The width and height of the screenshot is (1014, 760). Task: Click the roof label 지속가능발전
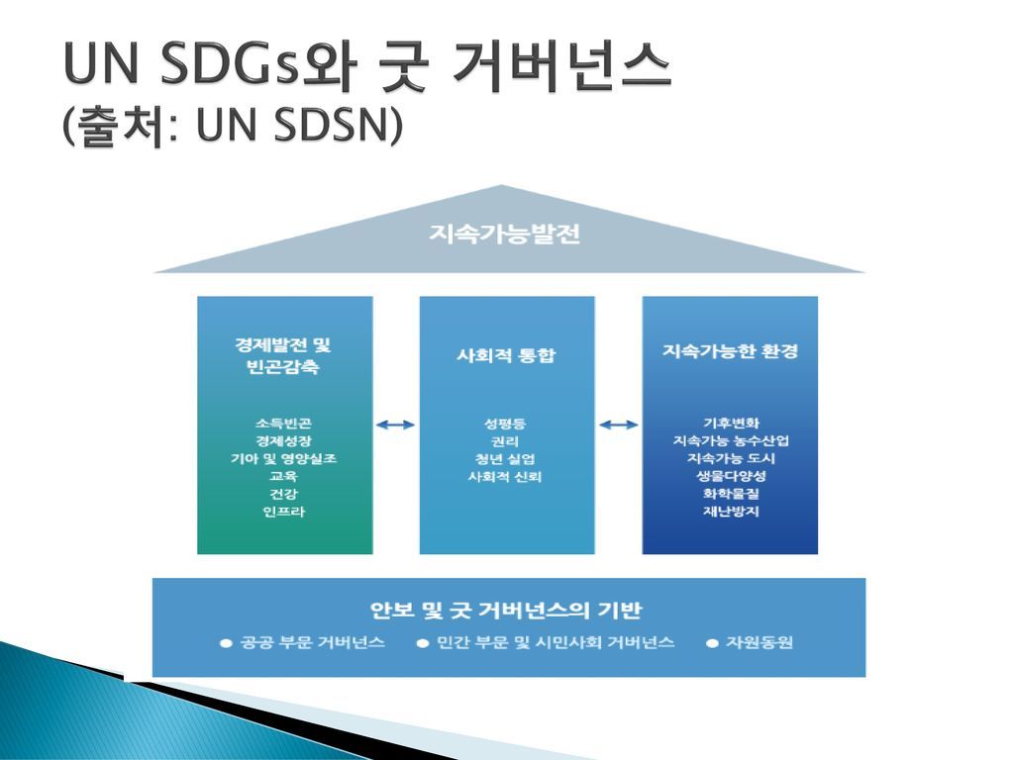coord(504,234)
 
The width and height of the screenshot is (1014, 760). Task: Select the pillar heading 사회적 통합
coord(506,355)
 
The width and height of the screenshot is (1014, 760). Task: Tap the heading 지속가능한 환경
coord(730,351)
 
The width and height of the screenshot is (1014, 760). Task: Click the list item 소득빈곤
coord(283,424)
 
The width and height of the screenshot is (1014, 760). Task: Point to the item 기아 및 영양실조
coord(283,458)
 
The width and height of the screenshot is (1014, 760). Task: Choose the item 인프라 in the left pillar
coord(283,512)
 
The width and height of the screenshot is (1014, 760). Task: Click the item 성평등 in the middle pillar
coord(505,424)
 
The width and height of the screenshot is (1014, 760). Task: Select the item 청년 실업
coord(505,459)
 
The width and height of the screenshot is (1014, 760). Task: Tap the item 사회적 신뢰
coord(505,477)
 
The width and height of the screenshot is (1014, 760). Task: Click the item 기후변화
coord(731,423)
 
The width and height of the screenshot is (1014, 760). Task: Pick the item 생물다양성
coord(731,476)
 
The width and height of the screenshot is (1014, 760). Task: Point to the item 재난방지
coord(731,512)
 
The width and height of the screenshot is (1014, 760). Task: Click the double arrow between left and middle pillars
coord(395,425)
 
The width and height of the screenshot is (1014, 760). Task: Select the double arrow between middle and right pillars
coord(618,425)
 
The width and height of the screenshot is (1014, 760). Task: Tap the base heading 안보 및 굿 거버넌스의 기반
coord(506,610)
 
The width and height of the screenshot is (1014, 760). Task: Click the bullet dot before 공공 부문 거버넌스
coord(226,643)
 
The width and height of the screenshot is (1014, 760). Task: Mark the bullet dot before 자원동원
coord(712,643)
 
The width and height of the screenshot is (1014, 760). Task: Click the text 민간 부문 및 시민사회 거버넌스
coord(556,642)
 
